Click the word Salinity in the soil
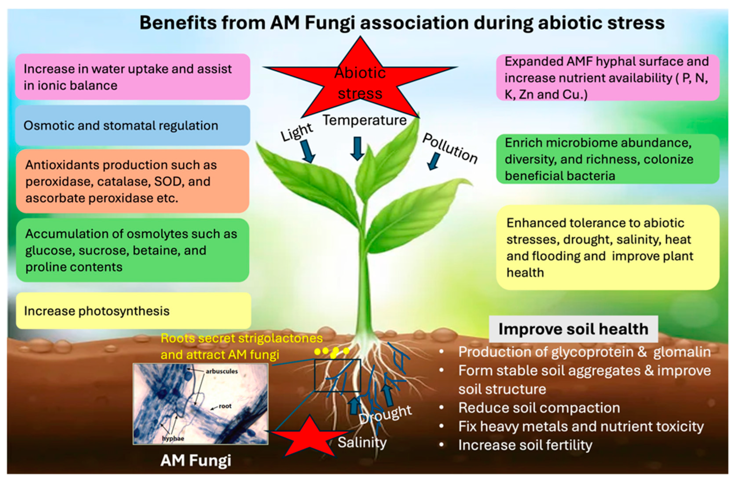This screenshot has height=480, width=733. click(362, 443)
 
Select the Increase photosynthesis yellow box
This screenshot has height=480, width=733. click(133, 311)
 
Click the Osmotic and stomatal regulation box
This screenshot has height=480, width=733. click(133, 125)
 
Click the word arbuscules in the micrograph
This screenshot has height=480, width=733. click(222, 371)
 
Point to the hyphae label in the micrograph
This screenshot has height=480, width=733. click(173, 438)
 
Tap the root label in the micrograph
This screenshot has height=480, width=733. click(225, 406)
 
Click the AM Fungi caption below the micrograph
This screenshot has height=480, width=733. click(196, 461)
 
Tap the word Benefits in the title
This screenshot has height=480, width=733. click(178, 23)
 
